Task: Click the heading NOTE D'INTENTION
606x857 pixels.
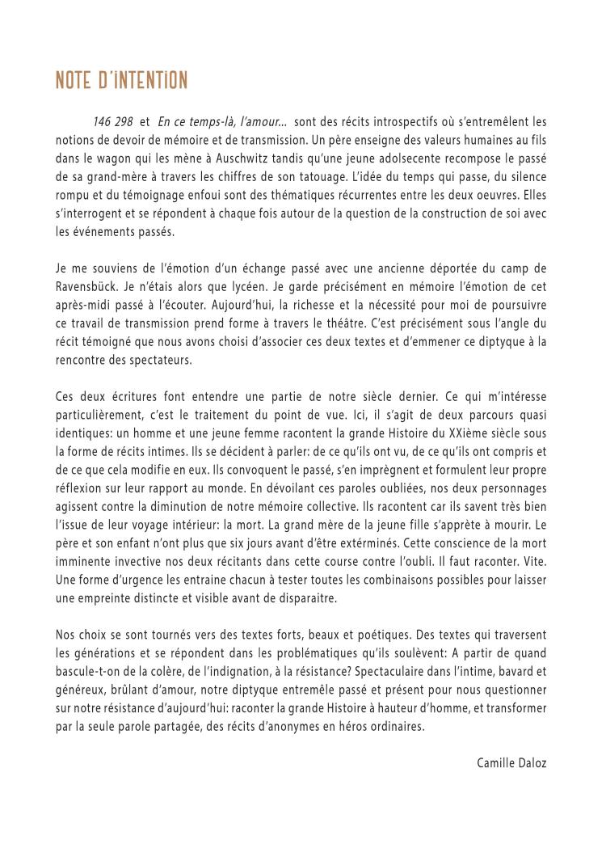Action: coord(121,81)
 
